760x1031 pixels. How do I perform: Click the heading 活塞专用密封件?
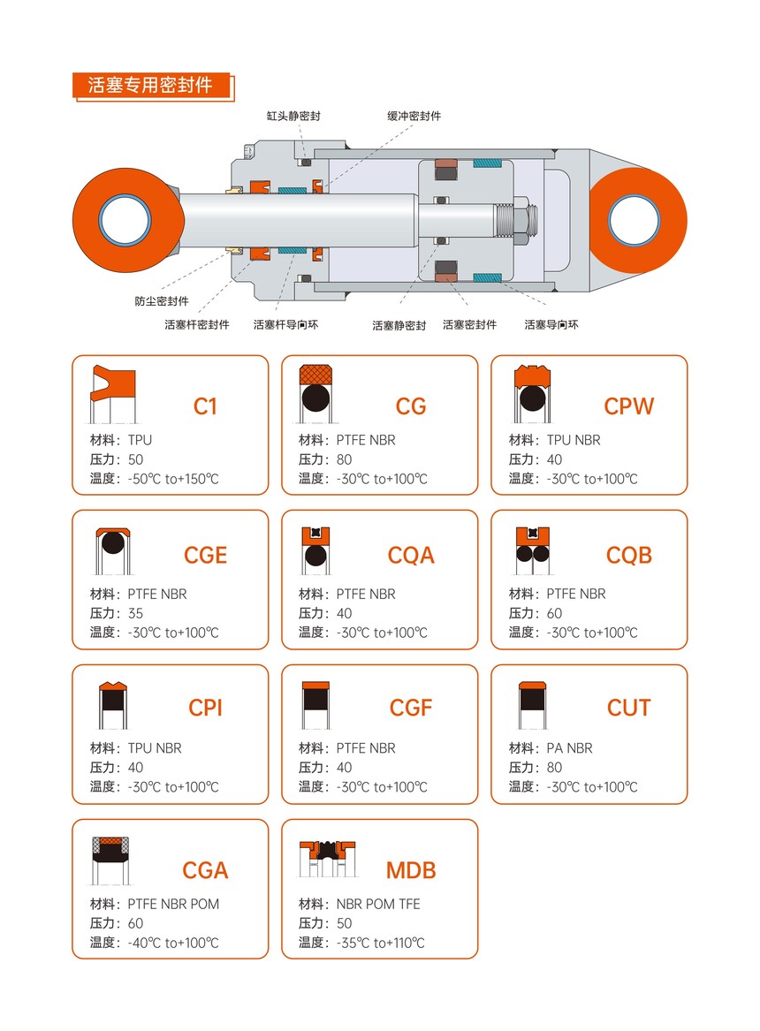(x=150, y=85)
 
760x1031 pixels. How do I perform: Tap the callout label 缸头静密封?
(x=293, y=116)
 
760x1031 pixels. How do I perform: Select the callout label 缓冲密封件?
(x=414, y=116)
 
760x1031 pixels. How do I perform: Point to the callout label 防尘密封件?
(x=162, y=301)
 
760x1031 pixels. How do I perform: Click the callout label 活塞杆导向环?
(x=286, y=324)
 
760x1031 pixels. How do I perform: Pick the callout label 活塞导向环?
(x=551, y=324)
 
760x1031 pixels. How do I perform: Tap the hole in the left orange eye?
(x=125, y=220)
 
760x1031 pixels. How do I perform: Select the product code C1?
(x=205, y=406)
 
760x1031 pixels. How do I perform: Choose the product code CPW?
(x=629, y=406)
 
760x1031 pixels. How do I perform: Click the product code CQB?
(x=629, y=555)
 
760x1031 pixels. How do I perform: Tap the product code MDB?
(x=411, y=870)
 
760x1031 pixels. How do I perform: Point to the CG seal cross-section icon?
(x=315, y=394)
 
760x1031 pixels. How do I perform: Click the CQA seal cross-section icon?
(x=315, y=551)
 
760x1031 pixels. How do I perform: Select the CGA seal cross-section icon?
(x=110, y=860)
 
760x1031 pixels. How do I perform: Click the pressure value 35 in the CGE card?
(x=135, y=613)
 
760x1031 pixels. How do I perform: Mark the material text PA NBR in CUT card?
(x=569, y=748)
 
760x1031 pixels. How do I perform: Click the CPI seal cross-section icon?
(x=113, y=706)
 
